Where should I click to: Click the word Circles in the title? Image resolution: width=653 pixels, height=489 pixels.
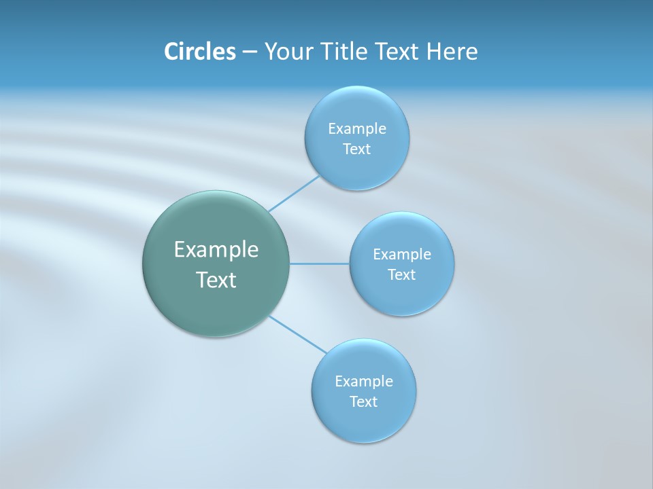[x=199, y=52]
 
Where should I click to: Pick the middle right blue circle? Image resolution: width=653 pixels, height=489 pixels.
[x=402, y=295]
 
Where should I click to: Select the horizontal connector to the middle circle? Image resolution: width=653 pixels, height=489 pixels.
[x=320, y=264]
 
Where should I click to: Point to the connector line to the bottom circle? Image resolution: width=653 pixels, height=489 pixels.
[x=297, y=334]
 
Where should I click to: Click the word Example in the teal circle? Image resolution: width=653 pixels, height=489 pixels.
[x=216, y=250]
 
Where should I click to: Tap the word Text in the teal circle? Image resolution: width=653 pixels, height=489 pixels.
[x=216, y=280]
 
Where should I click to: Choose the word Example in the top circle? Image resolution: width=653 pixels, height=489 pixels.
[x=357, y=129]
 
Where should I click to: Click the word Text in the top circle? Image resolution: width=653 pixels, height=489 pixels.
[x=357, y=149]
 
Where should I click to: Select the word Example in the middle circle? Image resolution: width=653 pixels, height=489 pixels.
[x=402, y=255]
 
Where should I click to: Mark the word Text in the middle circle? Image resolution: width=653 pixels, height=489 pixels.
[x=402, y=275]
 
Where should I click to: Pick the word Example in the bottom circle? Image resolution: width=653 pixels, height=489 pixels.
[x=364, y=382]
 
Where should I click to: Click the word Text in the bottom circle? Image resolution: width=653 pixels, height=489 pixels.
[x=364, y=402]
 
